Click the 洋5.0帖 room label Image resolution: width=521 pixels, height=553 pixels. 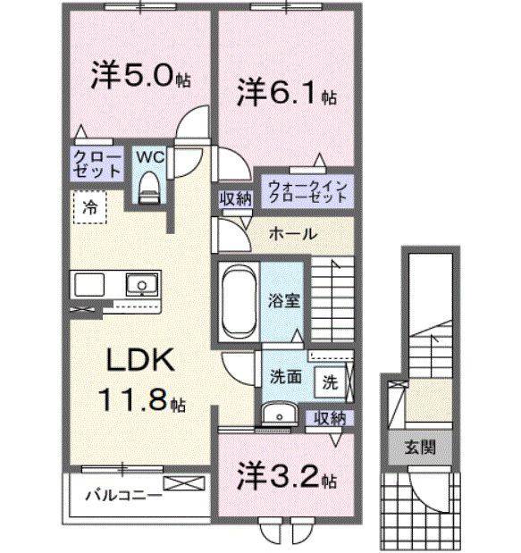click(139, 77)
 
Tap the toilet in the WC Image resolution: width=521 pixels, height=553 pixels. click(148, 185)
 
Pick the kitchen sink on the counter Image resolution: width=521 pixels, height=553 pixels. click(140, 285)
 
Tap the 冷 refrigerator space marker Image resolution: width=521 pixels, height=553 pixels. click(90, 207)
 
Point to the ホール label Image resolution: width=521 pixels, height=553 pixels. click(291, 234)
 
